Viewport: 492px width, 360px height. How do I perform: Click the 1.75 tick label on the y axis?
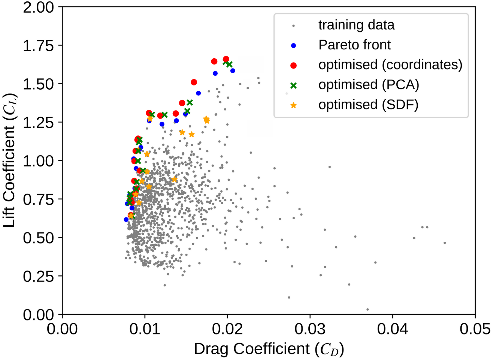(38, 46)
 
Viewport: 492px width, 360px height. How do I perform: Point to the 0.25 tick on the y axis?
(38, 276)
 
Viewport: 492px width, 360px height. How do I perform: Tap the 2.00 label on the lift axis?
(38, 7)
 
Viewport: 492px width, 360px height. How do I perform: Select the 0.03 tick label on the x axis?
(310, 329)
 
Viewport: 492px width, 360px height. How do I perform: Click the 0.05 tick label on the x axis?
(475, 329)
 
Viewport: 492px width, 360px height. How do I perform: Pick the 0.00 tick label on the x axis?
(62, 329)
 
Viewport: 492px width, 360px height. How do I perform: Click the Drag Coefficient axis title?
(269, 349)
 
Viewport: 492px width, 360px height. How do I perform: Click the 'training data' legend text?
(356, 25)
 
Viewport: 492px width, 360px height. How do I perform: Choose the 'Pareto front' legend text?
(354, 45)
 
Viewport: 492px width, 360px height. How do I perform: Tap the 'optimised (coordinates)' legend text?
(390, 65)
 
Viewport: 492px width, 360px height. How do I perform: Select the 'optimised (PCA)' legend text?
(369, 85)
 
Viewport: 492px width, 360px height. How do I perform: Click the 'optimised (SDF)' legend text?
(368, 105)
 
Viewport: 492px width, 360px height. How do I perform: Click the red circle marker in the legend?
(293, 65)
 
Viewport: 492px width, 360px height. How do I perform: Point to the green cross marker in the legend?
(293, 85)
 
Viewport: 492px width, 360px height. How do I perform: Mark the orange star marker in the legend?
(293, 105)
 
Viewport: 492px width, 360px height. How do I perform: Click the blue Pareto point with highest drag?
(233, 71)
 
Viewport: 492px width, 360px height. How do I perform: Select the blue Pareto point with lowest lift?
(126, 220)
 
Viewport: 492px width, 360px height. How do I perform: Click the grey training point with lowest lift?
(367, 310)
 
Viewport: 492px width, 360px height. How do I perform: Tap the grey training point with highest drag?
(445, 243)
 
